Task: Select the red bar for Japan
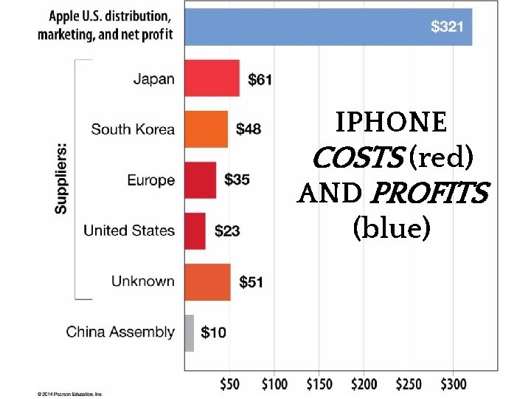[212, 78]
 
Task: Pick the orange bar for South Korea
[206, 129]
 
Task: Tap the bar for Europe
[200, 180]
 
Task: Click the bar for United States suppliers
[195, 231]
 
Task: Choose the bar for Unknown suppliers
[207, 282]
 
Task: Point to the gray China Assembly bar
[189, 332]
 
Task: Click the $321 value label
[447, 27]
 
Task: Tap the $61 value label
[260, 80]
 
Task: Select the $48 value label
[249, 129]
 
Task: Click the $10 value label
[213, 333]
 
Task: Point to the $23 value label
[227, 231]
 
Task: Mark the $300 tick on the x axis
[454, 384]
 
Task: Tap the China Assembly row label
[120, 332]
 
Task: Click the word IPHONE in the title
[391, 122]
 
